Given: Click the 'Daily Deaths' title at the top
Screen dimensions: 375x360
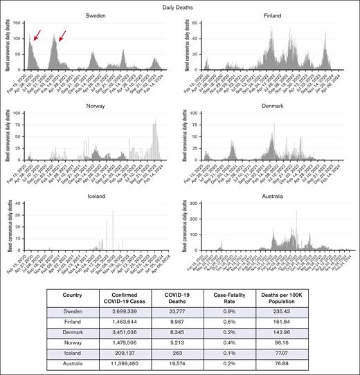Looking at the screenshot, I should (x=180, y=6).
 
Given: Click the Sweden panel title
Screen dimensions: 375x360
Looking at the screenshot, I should (x=96, y=15).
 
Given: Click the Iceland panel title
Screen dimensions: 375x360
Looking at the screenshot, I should (x=96, y=196).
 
